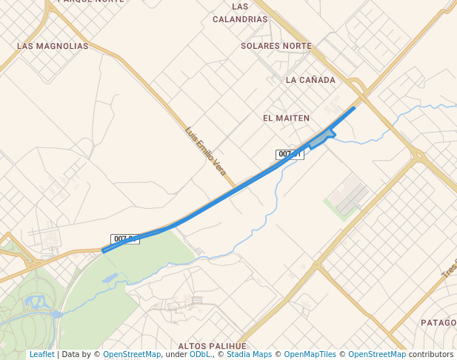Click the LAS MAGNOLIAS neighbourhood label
pos(53,46)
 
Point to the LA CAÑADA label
pos(310,80)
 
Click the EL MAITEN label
pos(286,118)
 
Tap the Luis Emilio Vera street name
pos(206,150)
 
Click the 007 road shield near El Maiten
pos(290,154)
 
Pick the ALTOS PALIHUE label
pos(212,346)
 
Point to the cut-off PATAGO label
pos(438,323)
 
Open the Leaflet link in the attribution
pos(41,355)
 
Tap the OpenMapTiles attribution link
pos(310,355)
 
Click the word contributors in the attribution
pos(430,355)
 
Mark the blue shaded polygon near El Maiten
pos(321,139)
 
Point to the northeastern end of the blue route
pos(353,108)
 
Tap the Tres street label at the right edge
pos(450,268)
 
